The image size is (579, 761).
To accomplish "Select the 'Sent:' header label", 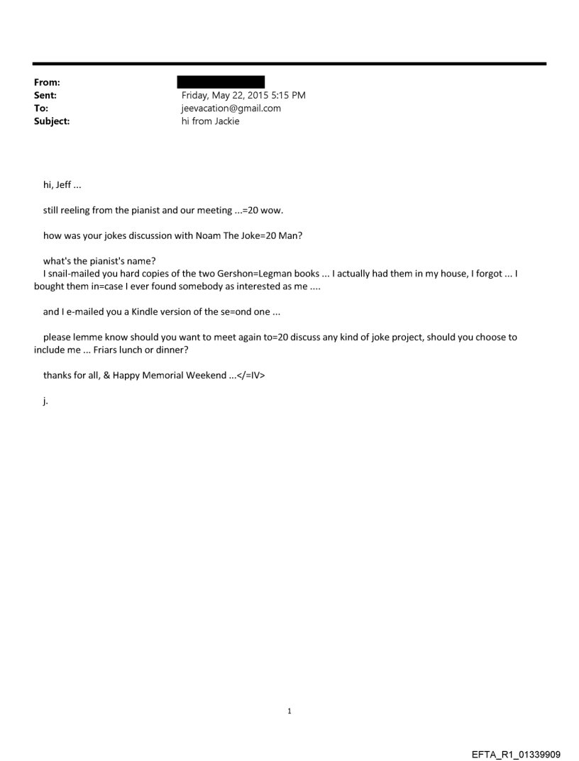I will pos(45,95).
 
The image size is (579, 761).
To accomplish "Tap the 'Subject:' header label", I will pos(52,121).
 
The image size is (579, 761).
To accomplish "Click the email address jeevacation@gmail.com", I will pos(231,109).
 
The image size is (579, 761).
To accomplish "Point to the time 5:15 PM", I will pos(289,95).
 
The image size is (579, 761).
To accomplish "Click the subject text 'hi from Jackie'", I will pos(211,121).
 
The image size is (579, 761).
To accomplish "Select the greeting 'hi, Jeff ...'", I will pos(62,186).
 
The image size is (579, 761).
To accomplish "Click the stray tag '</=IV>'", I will pos(250,375).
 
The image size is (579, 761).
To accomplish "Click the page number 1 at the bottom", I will pos(289,711).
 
